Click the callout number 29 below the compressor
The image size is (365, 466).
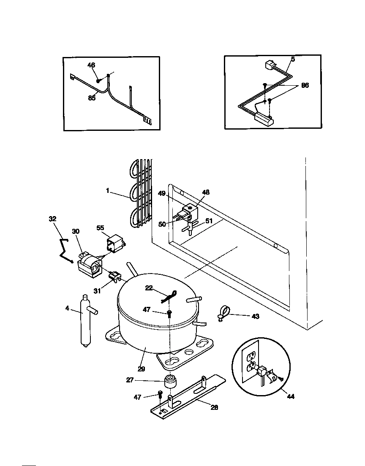click(141, 368)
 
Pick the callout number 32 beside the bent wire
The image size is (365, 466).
click(52, 219)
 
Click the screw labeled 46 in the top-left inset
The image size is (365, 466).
click(98, 80)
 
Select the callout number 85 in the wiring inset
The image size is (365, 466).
click(92, 98)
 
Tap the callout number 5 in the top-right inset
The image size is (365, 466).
click(293, 60)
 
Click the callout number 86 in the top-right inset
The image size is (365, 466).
click(305, 85)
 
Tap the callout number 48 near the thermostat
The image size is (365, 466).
click(206, 192)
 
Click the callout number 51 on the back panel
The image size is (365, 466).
click(209, 221)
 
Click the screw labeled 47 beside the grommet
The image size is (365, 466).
click(160, 394)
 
